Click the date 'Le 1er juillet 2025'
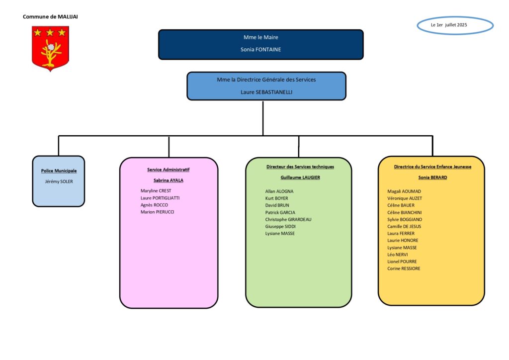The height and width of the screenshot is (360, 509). pyautogui.click(x=449, y=25)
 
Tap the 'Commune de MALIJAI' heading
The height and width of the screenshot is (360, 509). pyautogui.click(x=50, y=16)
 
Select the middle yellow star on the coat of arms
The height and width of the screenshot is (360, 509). pyautogui.click(x=50, y=32)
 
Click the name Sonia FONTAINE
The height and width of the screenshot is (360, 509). pyautogui.click(x=260, y=50)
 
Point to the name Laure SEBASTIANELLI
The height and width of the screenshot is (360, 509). pyautogui.click(x=266, y=92)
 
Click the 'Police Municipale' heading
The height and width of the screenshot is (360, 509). pyautogui.click(x=59, y=171)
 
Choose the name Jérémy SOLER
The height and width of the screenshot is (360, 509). pyautogui.click(x=59, y=181)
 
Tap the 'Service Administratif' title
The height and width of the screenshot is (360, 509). pyautogui.click(x=168, y=170)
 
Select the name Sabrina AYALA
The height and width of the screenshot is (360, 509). pyautogui.click(x=168, y=180)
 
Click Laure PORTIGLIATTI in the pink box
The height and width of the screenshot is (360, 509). pyautogui.click(x=160, y=198)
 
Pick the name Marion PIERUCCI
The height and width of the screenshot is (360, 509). pyautogui.click(x=157, y=212)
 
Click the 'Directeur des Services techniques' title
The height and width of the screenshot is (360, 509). pyautogui.click(x=300, y=167)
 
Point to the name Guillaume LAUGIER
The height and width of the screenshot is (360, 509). pyautogui.click(x=300, y=177)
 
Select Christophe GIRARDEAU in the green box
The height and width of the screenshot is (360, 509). pyautogui.click(x=288, y=219)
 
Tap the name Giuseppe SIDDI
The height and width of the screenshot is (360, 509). pyautogui.click(x=280, y=227)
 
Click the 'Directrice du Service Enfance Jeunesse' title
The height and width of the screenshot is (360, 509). pyautogui.click(x=433, y=167)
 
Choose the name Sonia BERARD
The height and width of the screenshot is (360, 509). pyautogui.click(x=433, y=177)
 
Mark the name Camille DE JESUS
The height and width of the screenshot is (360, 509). pyautogui.click(x=404, y=227)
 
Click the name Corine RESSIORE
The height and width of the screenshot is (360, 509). pyautogui.click(x=404, y=269)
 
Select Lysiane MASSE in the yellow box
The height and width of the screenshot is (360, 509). pyautogui.click(x=402, y=248)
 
